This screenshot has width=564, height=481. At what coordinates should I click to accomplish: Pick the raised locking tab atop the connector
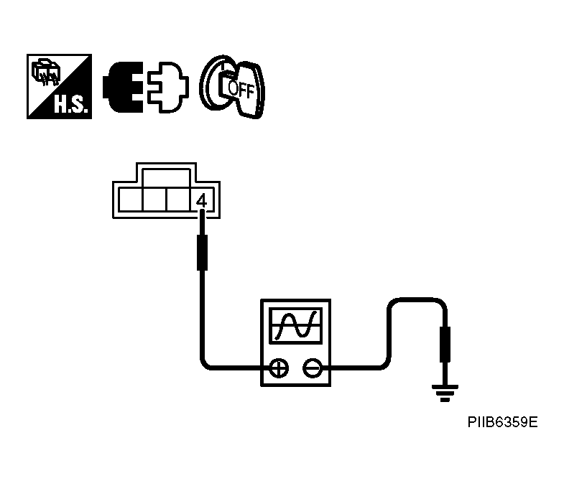click(x=167, y=176)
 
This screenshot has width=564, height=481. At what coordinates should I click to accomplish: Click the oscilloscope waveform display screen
click(x=295, y=327)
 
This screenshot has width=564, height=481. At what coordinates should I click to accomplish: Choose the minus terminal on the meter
click(x=311, y=368)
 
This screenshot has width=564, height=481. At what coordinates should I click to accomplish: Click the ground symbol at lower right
click(x=444, y=392)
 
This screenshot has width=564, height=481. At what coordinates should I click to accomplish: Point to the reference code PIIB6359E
click(x=500, y=423)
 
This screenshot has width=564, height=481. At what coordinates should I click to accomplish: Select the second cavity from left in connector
click(x=154, y=199)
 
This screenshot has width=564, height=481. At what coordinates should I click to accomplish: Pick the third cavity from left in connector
click(x=177, y=199)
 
